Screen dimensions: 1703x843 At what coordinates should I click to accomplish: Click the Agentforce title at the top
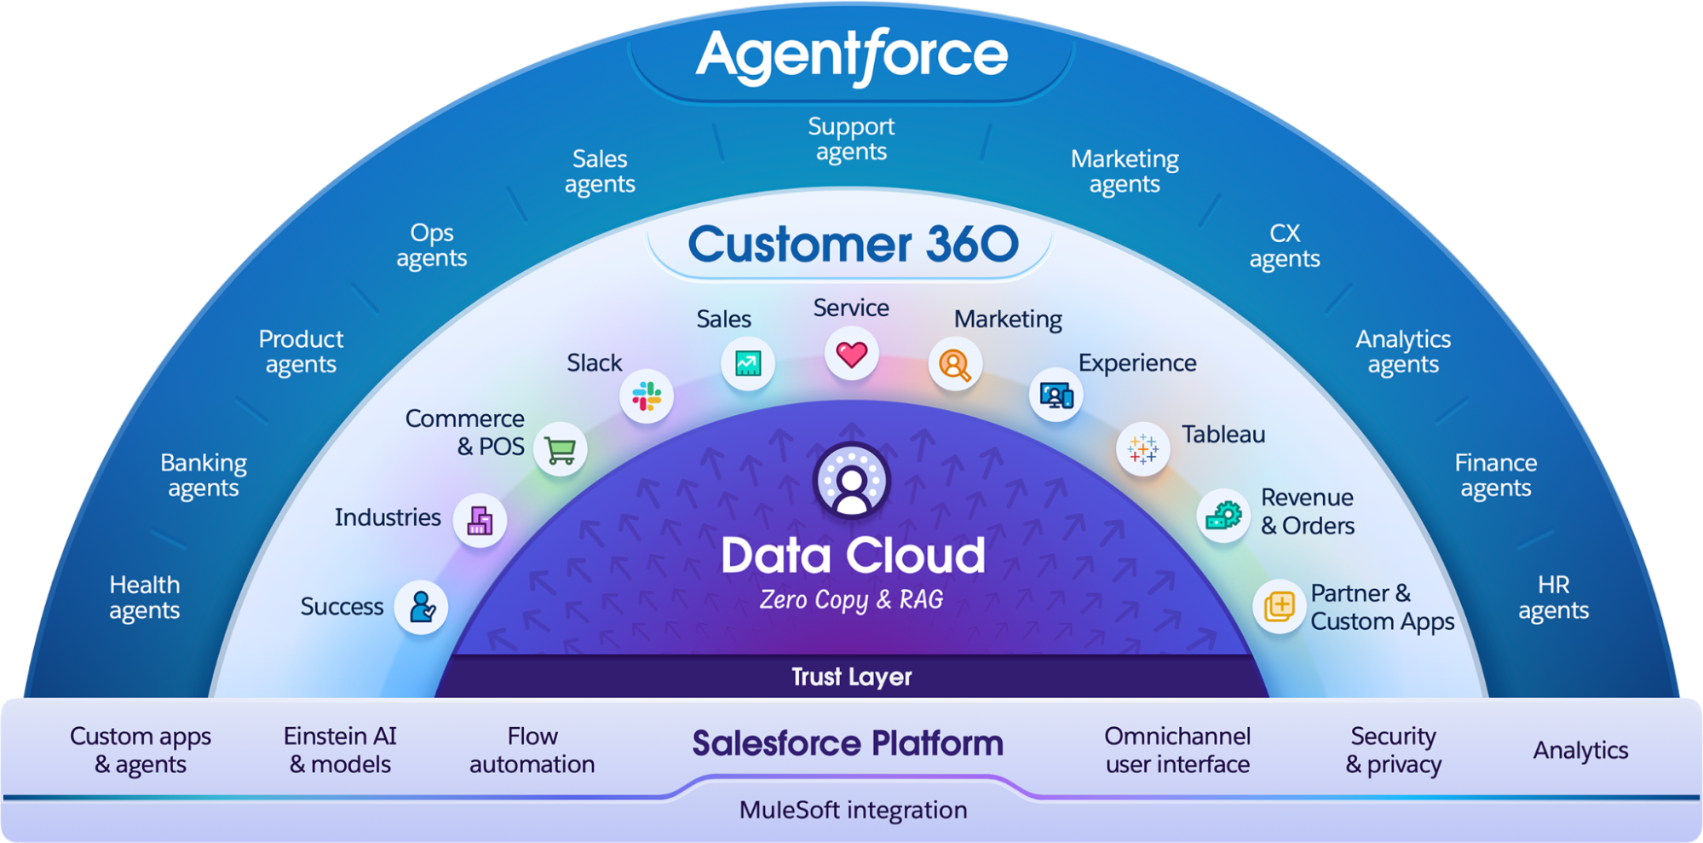click(x=851, y=55)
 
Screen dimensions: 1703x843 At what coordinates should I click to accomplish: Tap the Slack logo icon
click(x=647, y=396)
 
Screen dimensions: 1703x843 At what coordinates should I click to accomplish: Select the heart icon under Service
click(x=851, y=354)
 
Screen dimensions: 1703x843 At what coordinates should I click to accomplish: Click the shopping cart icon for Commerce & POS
click(x=561, y=449)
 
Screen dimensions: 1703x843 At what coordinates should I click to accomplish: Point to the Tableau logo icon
click(x=1142, y=448)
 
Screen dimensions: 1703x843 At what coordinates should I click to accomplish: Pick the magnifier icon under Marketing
click(x=955, y=365)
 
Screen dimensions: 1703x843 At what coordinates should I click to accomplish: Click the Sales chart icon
click(x=747, y=364)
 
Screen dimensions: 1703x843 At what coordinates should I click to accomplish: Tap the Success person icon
click(x=422, y=607)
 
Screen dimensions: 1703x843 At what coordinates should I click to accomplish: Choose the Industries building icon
click(x=480, y=520)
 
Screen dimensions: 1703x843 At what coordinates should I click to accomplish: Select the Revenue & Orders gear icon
click(x=1223, y=516)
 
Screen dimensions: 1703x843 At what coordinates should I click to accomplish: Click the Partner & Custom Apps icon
click(x=1280, y=607)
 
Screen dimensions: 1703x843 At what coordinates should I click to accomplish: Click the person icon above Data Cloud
click(x=851, y=482)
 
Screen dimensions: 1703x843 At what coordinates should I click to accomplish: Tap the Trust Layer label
click(x=851, y=677)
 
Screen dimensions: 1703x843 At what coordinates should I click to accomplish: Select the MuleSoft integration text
click(x=853, y=810)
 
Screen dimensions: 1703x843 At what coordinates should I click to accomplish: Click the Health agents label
click(x=145, y=598)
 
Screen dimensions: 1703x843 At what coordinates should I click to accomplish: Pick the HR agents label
click(x=1553, y=598)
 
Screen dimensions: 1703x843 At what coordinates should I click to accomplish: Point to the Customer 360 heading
click(x=853, y=245)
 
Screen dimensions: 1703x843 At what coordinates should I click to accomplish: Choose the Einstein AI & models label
click(x=340, y=750)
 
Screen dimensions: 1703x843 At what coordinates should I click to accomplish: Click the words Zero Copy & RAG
click(x=851, y=600)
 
